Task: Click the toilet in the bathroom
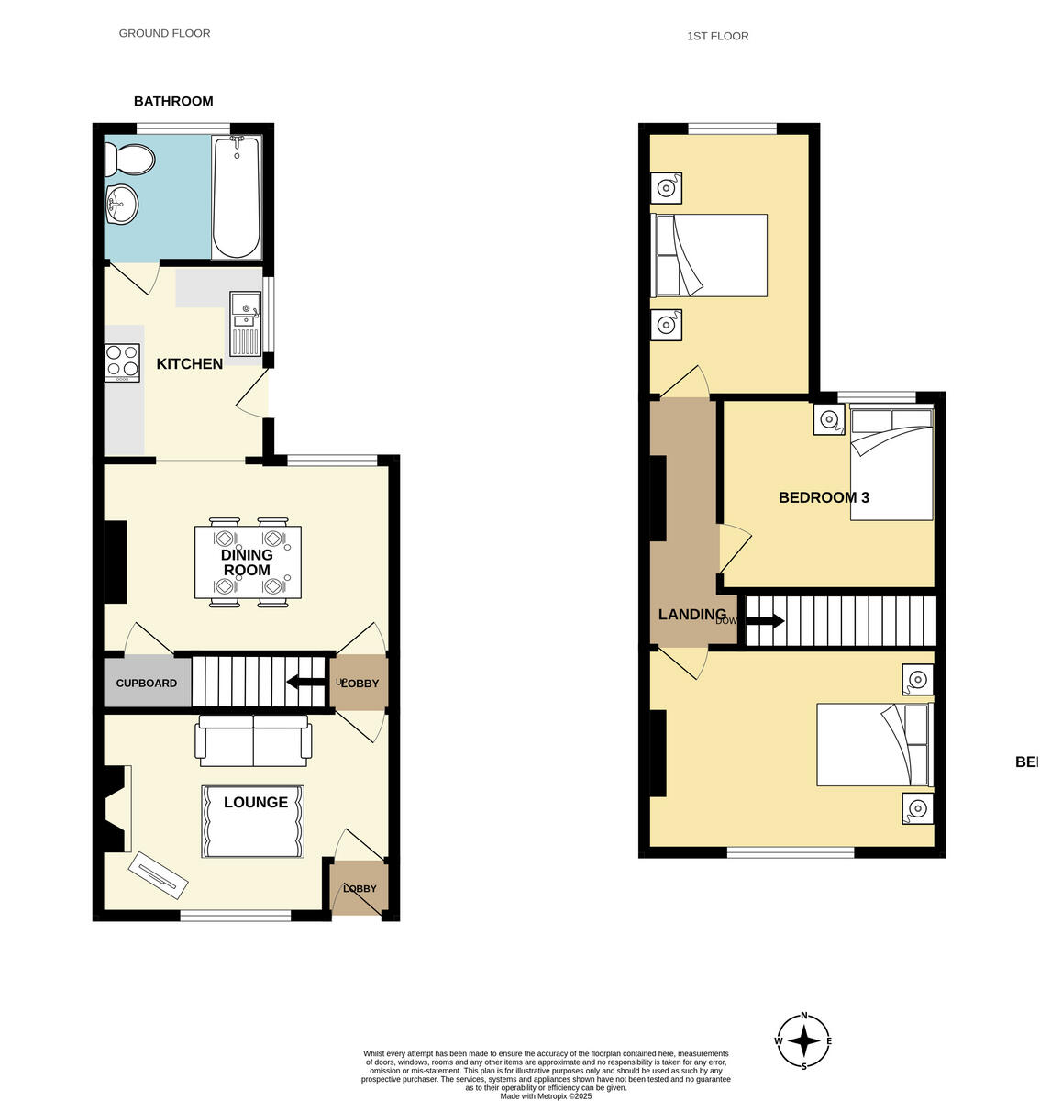tap(129, 160)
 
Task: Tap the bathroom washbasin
tap(121, 204)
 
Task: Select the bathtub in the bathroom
tap(237, 196)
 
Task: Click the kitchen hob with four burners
tap(122, 362)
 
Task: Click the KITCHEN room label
tap(190, 364)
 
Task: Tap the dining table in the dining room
tap(248, 562)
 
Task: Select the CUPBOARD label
tap(147, 684)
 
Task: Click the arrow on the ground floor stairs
tap(304, 682)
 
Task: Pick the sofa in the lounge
tap(255, 741)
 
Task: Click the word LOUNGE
tap(256, 803)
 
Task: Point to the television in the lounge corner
tap(159, 875)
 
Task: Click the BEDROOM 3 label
tap(824, 498)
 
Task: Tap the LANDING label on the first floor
tap(691, 615)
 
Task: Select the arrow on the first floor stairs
tap(765, 621)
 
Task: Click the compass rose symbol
tap(804, 1041)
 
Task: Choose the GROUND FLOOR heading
tap(164, 33)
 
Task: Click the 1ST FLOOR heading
tap(717, 37)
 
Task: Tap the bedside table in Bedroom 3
tap(829, 419)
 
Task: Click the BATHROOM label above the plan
tap(173, 102)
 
